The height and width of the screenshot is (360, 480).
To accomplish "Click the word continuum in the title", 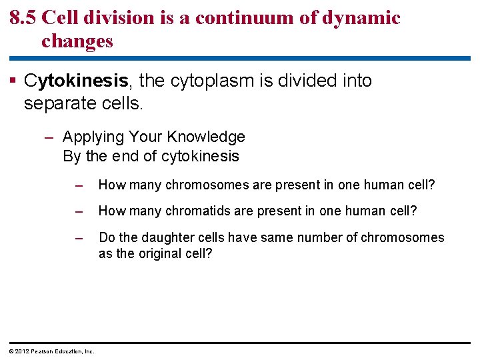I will [x=249, y=17].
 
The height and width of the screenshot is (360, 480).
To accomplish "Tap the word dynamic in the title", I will [x=361, y=17].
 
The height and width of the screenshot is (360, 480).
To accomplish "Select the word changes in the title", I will [x=77, y=41].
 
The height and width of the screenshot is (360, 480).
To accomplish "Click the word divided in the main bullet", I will [x=309, y=81].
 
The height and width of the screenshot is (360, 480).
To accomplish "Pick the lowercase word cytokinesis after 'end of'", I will [x=202, y=157].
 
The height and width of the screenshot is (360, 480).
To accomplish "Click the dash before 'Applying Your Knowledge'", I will [x=49, y=137].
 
